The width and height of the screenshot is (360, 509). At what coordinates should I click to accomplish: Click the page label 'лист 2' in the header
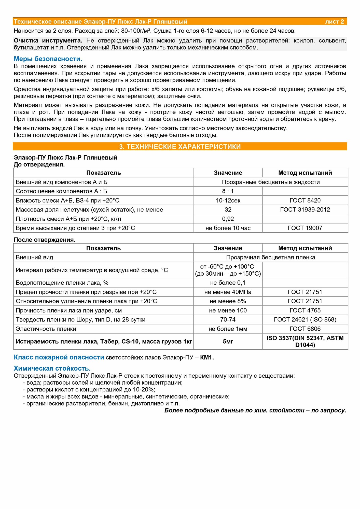point(334,22)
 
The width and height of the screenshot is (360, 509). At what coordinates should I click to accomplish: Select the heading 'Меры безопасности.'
point(48,59)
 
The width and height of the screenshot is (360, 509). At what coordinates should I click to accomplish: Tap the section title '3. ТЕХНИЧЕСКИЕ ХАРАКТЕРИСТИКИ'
point(180,147)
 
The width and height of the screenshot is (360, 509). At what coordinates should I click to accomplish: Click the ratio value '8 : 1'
point(228,191)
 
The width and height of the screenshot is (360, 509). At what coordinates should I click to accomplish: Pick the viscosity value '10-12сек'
point(228,201)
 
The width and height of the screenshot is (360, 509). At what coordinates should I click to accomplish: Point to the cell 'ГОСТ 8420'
point(305,201)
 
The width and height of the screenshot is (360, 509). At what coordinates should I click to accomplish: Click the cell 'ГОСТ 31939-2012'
point(305,210)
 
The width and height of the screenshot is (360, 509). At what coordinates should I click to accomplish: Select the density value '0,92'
point(228,219)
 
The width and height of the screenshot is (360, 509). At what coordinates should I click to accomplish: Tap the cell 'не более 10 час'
point(228,228)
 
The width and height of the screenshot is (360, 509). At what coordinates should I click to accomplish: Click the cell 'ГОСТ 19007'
point(305,228)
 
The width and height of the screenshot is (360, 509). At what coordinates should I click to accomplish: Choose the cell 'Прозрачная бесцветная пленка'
point(270,257)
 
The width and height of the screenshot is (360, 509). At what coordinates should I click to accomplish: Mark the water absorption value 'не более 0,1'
point(228,283)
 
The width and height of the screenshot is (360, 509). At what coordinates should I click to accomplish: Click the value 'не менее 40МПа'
point(228,292)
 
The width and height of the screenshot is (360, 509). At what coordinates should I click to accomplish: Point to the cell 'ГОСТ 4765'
point(305,310)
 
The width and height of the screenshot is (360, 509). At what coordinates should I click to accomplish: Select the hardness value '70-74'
point(228,320)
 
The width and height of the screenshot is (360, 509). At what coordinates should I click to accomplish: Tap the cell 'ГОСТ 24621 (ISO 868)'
point(305,320)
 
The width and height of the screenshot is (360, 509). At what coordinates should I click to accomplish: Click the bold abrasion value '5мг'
point(228,342)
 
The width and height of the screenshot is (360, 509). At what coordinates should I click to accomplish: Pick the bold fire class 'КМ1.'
point(207,358)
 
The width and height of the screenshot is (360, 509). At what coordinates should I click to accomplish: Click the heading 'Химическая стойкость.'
point(52,368)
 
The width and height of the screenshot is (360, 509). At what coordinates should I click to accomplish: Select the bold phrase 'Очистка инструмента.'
point(48,40)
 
